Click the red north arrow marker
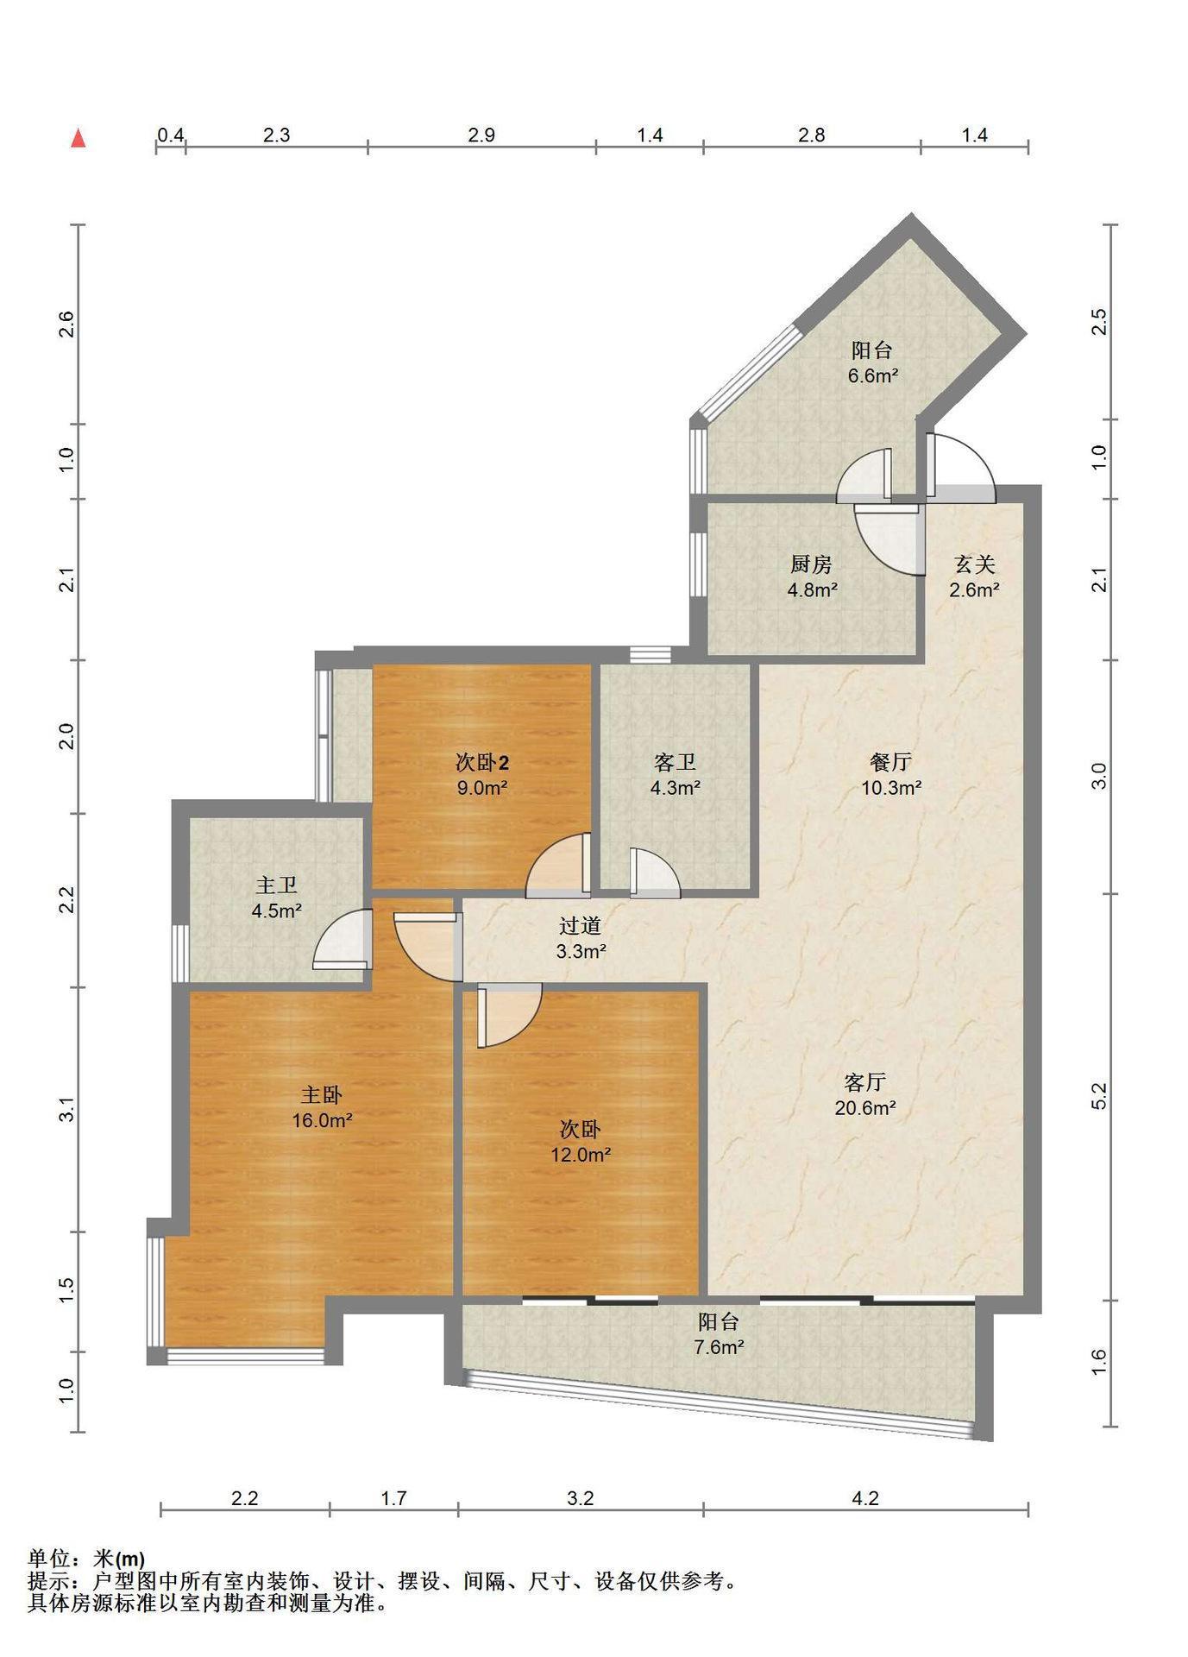(79, 138)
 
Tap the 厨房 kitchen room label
(811, 564)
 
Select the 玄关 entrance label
(974, 564)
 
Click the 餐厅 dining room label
(891, 762)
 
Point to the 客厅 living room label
(864, 1082)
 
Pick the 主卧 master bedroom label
(321, 1095)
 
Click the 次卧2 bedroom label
(481, 762)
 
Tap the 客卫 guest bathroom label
(675, 762)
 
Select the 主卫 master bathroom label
(276, 885)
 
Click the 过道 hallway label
(580, 926)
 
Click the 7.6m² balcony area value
(719, 1347)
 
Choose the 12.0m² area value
(581, 1155)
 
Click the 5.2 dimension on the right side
(1098, 1096)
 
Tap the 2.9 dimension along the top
(481, 135)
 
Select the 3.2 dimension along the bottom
(581, 1498)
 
